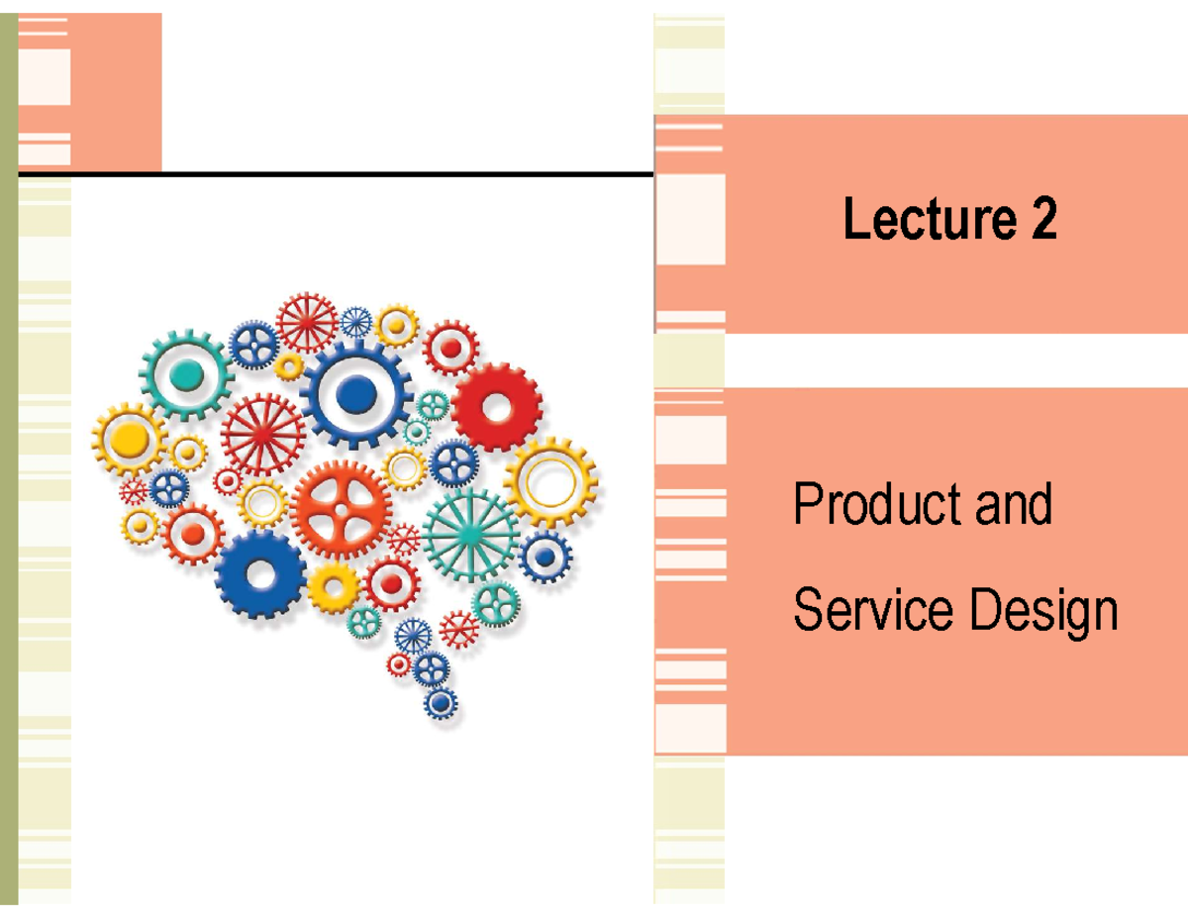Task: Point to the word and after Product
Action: [x=1013, y=506]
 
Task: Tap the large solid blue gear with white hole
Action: [x=260, y=573]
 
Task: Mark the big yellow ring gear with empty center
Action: [x=549, y=482]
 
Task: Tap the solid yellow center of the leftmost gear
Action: [x=129, y=439]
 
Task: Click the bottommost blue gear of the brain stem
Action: [x=441, y=703]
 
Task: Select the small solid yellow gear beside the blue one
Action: [x=333, y=588]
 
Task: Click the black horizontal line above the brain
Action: [x=337, y=175]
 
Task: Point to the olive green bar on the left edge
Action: [x=9, y=456]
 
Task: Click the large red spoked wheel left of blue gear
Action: [x=262, y=434]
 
